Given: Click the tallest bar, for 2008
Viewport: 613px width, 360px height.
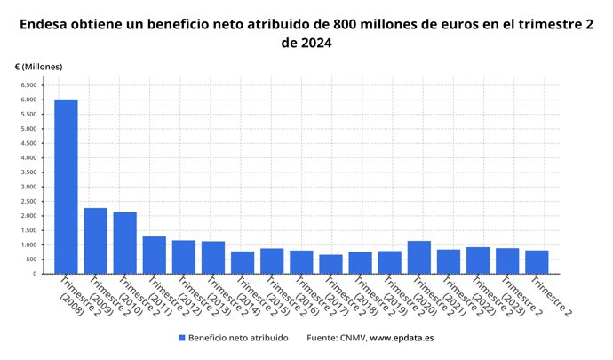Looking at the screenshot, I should point(66,187).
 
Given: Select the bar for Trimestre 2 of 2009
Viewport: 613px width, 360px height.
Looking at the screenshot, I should point(95,241).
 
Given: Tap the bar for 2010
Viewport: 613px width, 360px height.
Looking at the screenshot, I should point(124,243).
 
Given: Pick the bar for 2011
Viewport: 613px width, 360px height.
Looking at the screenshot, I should point(154,255).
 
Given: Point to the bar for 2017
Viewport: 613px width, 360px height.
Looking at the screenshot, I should point(330,264).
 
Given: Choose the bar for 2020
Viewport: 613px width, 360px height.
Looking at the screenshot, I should point(418,258).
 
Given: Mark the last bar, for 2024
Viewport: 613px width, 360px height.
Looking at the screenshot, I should point(537,262).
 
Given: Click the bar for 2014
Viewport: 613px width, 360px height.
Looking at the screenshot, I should point(243,262).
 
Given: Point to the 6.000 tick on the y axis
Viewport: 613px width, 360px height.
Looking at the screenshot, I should point(28,100).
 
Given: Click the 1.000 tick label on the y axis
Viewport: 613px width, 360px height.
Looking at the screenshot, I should point(28,245).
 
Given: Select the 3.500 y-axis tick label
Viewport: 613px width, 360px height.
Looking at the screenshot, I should point(28,172).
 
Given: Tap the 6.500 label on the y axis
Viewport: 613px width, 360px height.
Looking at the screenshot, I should point(28,85).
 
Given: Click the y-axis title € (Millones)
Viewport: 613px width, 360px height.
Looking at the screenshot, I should point(39,67).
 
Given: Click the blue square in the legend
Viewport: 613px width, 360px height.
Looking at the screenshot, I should point(182,338).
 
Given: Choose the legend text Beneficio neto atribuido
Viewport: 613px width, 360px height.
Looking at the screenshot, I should point(238,338).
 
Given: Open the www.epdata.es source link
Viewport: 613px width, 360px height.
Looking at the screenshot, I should point(402,338).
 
